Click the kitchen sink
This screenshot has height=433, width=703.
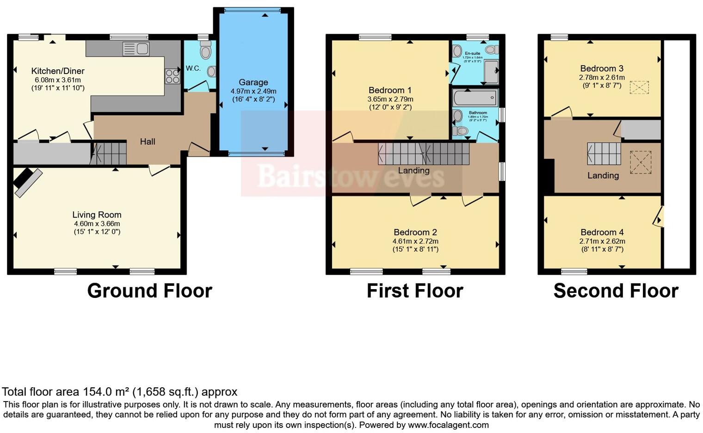136,49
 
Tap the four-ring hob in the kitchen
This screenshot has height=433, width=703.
173,76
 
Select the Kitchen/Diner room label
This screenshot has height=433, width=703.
58,71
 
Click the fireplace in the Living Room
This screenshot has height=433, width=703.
27,181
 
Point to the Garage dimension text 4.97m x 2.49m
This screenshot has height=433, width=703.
253,91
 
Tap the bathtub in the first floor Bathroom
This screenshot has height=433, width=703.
475,98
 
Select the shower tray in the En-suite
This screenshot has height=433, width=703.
491,71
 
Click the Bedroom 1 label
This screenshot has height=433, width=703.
390,90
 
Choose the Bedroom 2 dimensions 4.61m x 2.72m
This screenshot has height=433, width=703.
415,241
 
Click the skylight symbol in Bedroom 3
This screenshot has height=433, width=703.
639,87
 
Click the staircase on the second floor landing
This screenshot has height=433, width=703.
604,154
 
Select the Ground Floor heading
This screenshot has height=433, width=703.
149,291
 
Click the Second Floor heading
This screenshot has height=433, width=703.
616,291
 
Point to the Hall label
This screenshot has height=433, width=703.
148,142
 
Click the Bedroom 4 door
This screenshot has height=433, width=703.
658,216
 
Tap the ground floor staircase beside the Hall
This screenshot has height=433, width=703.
110,154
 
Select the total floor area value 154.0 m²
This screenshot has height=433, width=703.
106,392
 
